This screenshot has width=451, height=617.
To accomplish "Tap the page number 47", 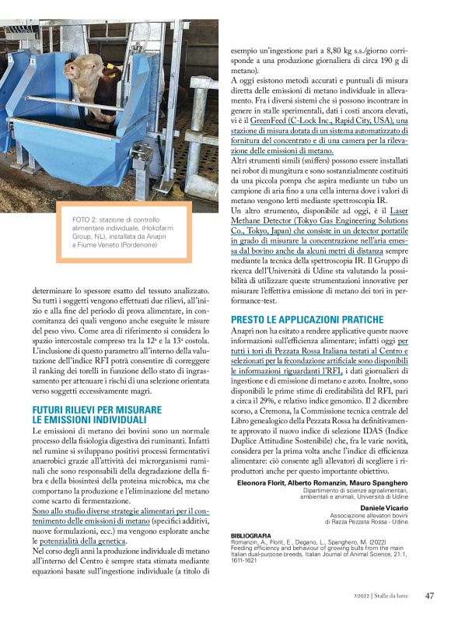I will click(428, 597).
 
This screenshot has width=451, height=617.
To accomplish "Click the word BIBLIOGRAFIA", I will click(251, 535).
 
